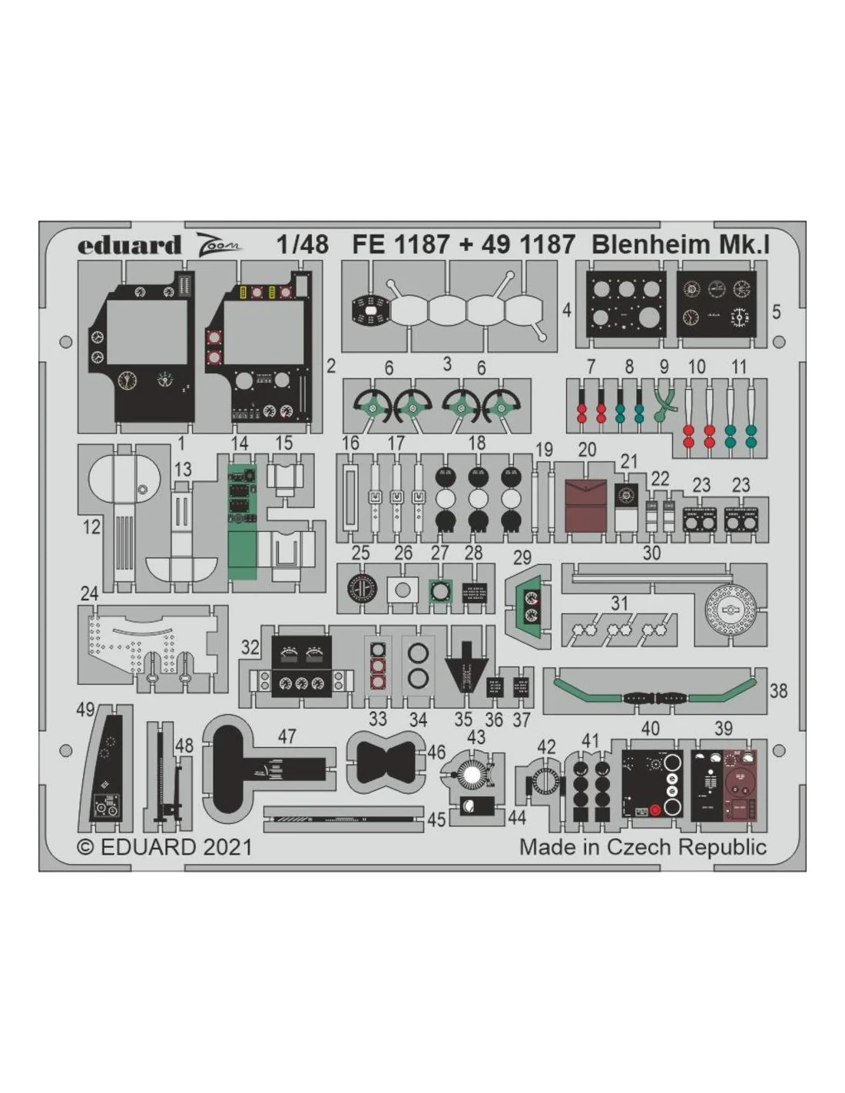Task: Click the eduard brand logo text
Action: click(x=129, y=245)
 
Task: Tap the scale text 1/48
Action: click(x=303, y=244)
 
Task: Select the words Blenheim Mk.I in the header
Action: click(x=681, y=244)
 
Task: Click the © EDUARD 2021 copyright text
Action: click(x=164, y=847)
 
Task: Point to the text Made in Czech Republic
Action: click(x=643, y=847)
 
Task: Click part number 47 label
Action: click(x=287, y=737)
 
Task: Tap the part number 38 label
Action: click(x=778, y=691)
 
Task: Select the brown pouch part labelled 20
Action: click(x=586, y=506)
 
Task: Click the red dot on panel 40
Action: click(x=654, y=809)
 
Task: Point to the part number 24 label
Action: click(x=89, y=594)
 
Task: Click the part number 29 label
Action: click(x=522, y=557)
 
